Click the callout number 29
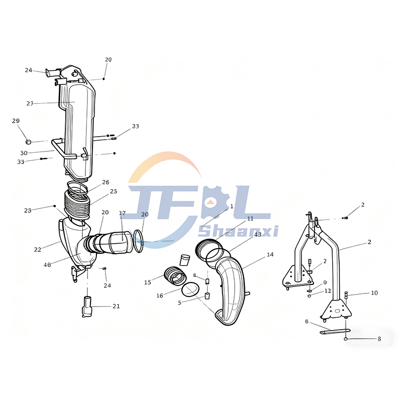[16, 121]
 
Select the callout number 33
[21, 162]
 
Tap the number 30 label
[24, 153]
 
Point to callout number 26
[106, 182]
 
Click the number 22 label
[38, 250]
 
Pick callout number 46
[47, 265]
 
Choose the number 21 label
[116, 306]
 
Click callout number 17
[122, 214]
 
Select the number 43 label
[258, 234]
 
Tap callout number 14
[270, 255]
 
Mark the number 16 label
[159, 296]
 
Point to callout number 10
[374, 292]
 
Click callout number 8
[379, 339]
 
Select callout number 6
[307, 321]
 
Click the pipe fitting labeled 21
[87, 307]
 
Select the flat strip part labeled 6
[334, 331]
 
